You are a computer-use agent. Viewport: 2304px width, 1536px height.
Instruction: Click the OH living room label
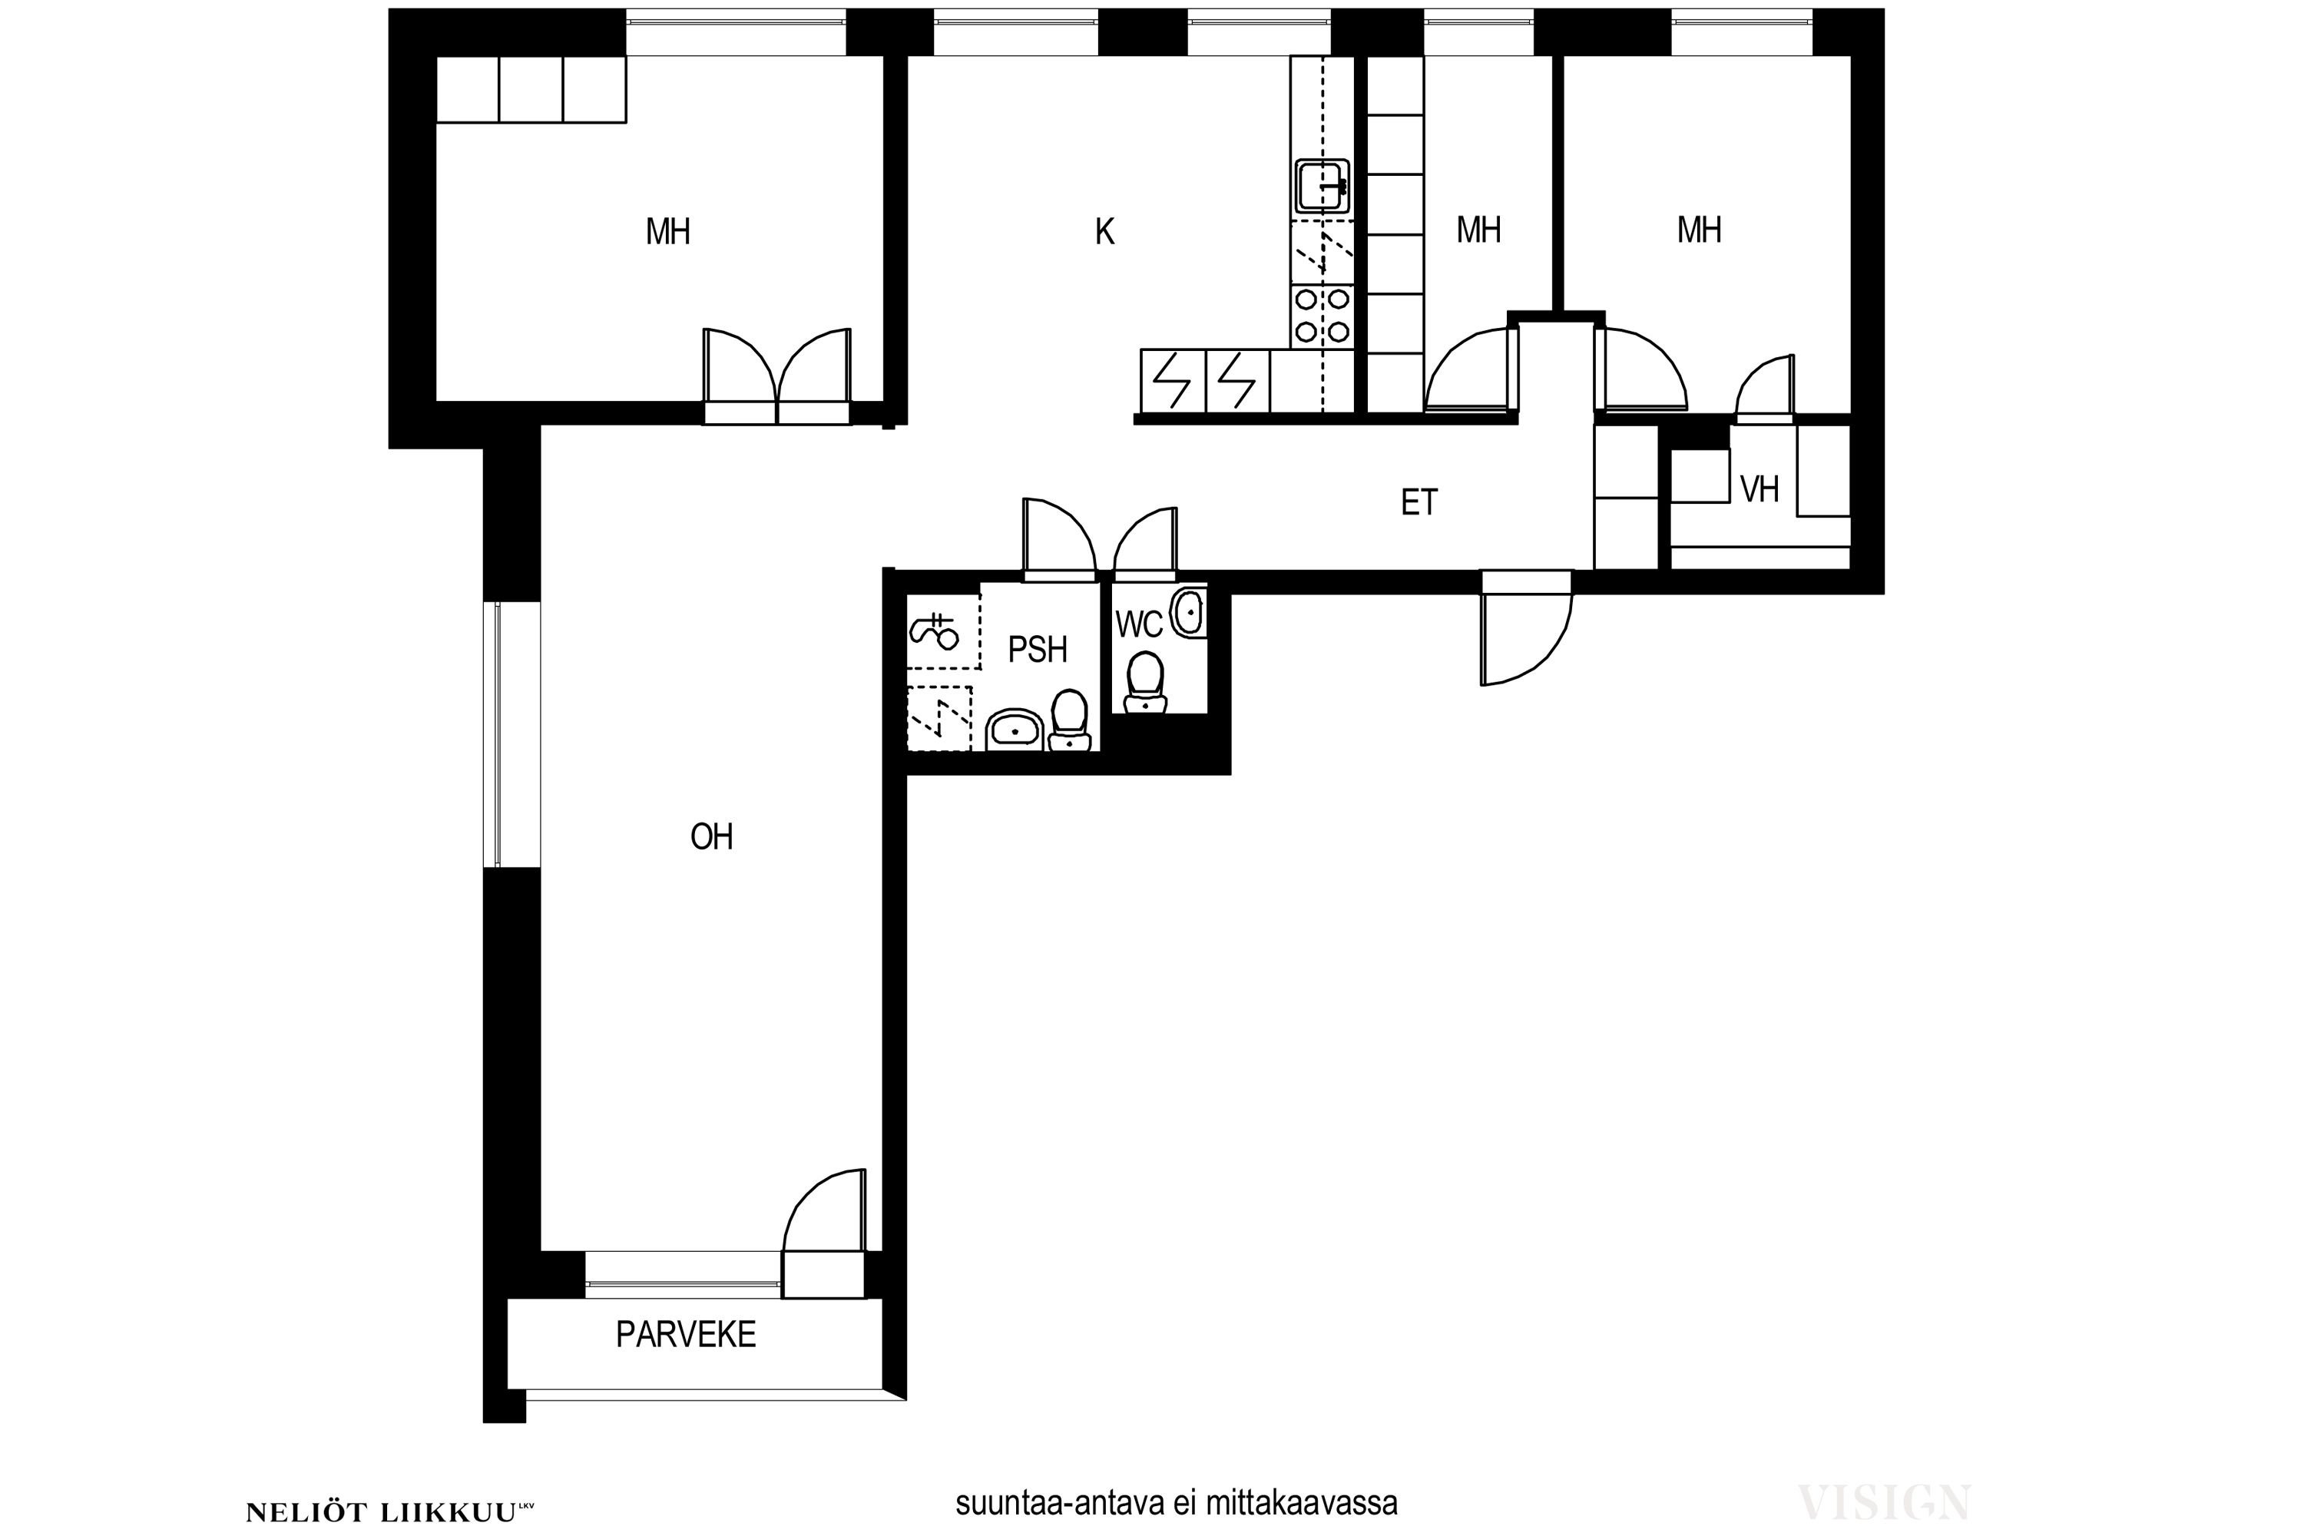pos(711,836)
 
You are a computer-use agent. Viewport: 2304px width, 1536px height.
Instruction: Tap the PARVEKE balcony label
pos(686,1334)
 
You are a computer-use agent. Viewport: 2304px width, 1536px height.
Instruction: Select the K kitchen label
pos(1104,232)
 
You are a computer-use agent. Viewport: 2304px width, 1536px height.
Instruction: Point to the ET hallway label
pos(1418,502)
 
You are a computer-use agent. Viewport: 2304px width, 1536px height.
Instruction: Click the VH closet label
pos(1759,488)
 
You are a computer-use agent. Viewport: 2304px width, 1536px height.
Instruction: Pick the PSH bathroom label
pos(1038,650)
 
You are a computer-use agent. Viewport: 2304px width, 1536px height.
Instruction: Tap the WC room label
pos(1138,624)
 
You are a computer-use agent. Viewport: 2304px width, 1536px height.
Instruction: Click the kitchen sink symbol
pos(1322,186)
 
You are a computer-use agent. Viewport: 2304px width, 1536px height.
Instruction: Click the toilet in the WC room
pos(1145,683)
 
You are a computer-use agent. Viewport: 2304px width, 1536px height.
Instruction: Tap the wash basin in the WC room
pos(1188,612)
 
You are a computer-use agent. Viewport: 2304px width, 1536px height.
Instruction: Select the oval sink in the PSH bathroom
pos(1015,730)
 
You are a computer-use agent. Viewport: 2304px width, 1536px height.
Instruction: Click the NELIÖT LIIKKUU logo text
pos(390,1512)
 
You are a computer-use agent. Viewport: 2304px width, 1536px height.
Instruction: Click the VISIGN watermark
pos(1883,1501)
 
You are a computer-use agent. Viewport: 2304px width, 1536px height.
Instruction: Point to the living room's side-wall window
pos(498,733)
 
